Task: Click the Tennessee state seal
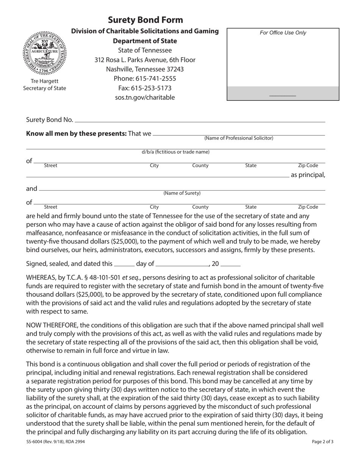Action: (45, 53)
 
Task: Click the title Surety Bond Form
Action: (145, 20)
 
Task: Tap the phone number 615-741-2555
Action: (145, 78)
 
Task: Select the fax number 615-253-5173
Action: (145, 88)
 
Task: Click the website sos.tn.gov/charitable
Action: (145, 97)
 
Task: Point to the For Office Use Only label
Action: (283, 33)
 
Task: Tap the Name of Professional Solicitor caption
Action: (239, 138)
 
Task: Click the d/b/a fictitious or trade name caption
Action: (175, 152)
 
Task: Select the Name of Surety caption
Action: (182, 193)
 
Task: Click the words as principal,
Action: (308, 175)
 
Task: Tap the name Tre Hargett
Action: (45, 81)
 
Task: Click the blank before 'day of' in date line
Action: (124, 264)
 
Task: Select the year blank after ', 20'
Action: (230, 264)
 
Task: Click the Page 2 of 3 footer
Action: (323, 441)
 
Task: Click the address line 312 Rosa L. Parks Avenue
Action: (145, 60)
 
